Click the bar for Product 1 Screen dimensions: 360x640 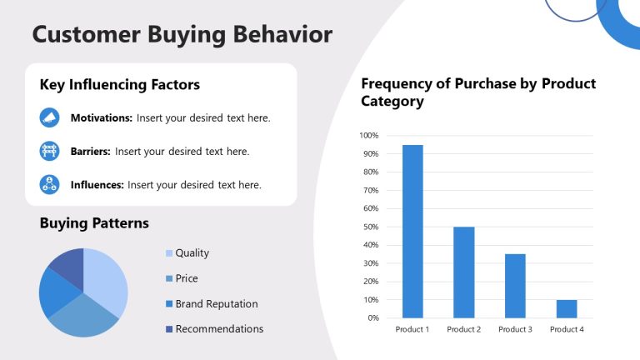(412, 231)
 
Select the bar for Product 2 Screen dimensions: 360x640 (464, 272)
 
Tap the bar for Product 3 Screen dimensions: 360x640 (515, 285)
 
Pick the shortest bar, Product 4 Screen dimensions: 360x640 (567, 308)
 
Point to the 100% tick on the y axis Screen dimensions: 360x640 (369, 135)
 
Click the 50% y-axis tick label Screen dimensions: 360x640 (371, 227)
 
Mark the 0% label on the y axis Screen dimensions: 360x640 (372, 317)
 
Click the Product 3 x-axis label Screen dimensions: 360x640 (515, 330)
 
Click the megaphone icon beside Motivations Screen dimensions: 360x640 (49, 118)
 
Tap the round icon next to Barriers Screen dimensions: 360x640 (49, 152)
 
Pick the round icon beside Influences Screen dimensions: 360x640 (49, 184)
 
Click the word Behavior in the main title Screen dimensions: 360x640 (280, 34)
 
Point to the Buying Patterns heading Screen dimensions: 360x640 (94, 223)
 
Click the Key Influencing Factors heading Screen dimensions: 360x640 (119, 85)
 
